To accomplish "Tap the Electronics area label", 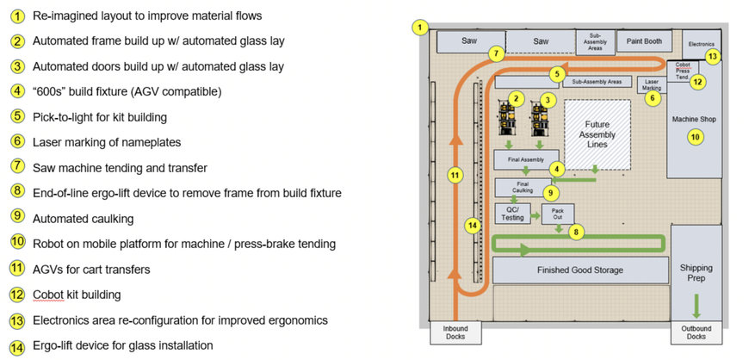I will pos(702,41).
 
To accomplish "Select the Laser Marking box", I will pos(652,84).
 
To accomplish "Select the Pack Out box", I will pos(558,214).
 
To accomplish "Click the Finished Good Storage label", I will pos(579,270).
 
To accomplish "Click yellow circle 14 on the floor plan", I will pos(471,226).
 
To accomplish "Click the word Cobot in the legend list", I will pos(48,295).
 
